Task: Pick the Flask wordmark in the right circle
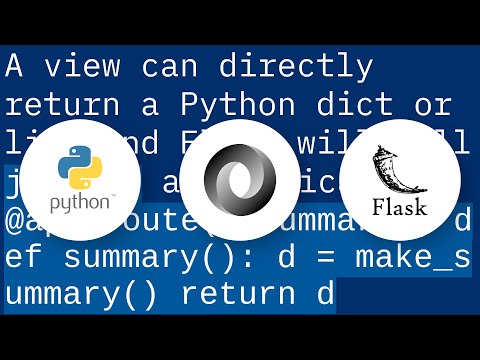coord(400,207)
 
